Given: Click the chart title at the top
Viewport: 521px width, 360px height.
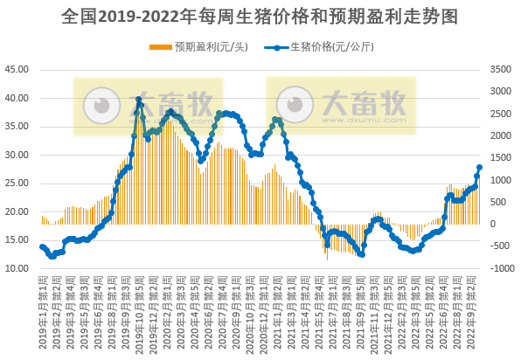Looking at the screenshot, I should pos(260,17).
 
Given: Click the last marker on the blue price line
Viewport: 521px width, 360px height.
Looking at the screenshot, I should pos(479,168).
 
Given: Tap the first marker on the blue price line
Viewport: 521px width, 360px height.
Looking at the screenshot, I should pos(42,247).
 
